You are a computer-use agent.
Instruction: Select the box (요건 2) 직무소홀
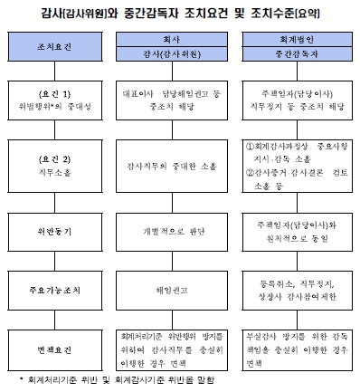(55, 164)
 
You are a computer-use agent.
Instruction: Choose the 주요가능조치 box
(55, 289)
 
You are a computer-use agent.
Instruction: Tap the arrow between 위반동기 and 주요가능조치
(55, 259)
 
